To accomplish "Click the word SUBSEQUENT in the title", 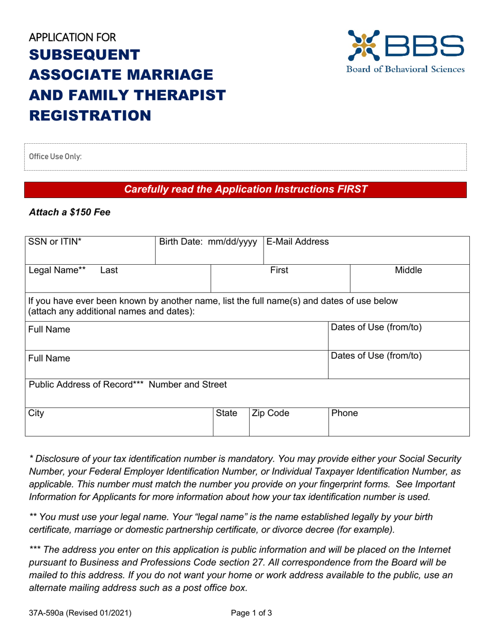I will (x=84, y=54).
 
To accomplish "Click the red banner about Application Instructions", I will (x=245, y=190).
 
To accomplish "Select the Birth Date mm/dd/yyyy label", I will (x=208, y=242).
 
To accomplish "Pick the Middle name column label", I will (x=409, y=270).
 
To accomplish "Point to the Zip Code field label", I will (x=270, y=413).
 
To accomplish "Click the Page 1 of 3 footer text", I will (x=251, y=614).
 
